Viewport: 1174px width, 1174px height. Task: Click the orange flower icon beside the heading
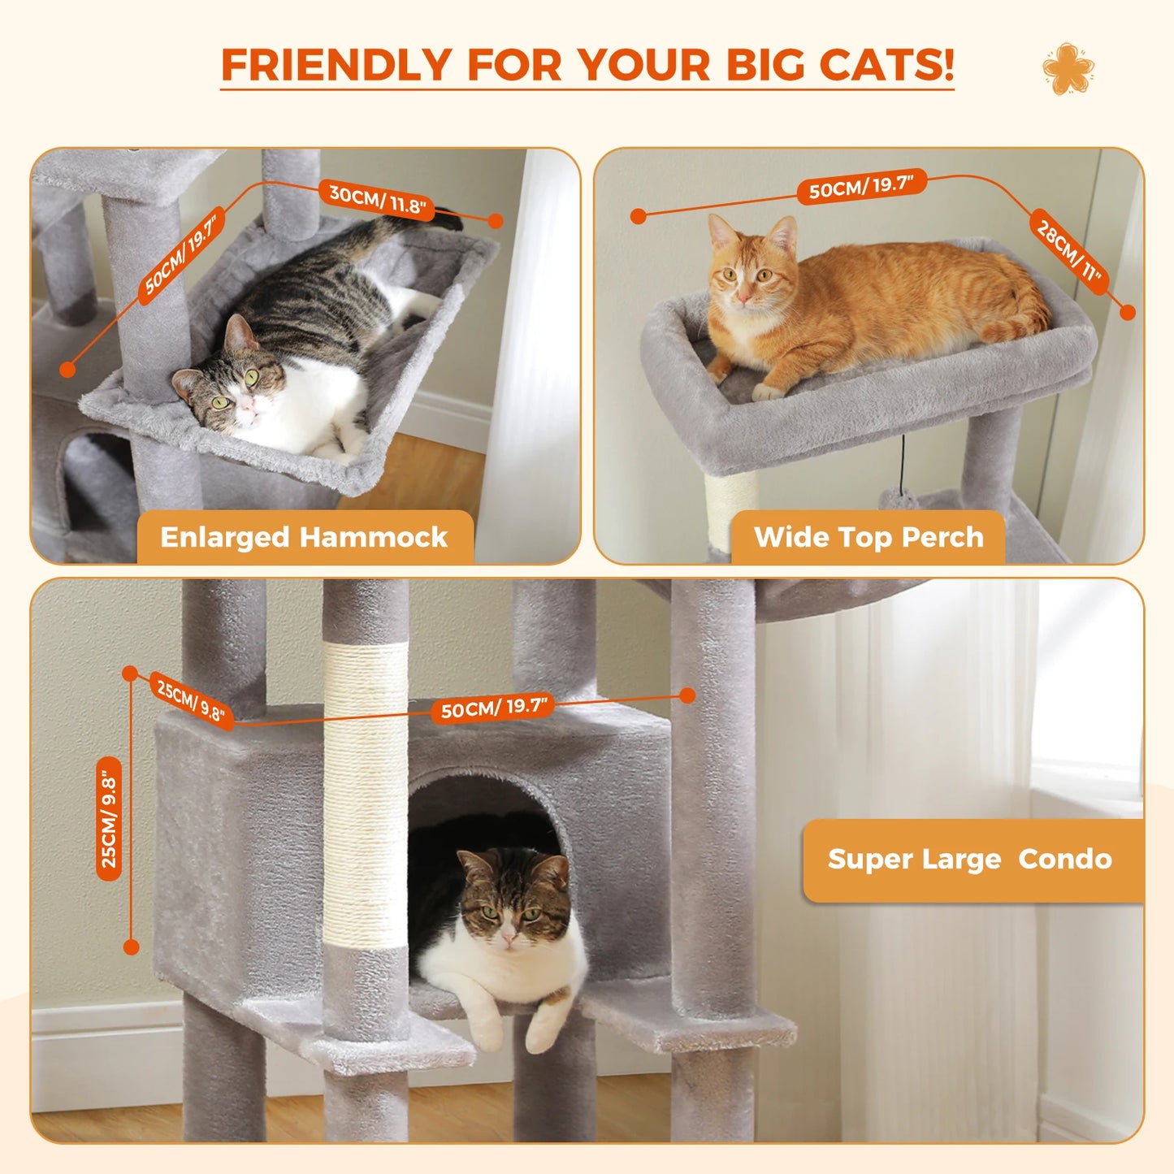coord(1068,68)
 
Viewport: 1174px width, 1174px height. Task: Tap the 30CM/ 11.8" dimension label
coord(377,199)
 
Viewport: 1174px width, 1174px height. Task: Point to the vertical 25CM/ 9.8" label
coord(109,819)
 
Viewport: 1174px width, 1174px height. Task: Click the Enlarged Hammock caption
coord(304,537)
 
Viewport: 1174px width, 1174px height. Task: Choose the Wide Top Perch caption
coord(869,537)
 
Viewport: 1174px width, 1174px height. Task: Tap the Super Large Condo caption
coord(969,860)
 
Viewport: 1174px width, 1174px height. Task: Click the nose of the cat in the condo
coord(509,938)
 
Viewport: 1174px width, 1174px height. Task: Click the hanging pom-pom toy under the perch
coord(899,496)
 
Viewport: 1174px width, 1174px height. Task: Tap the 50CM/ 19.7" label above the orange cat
coord(862,188)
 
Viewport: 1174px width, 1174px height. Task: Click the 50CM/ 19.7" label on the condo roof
coord(493,708)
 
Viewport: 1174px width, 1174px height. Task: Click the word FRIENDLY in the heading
coord(336,64)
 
